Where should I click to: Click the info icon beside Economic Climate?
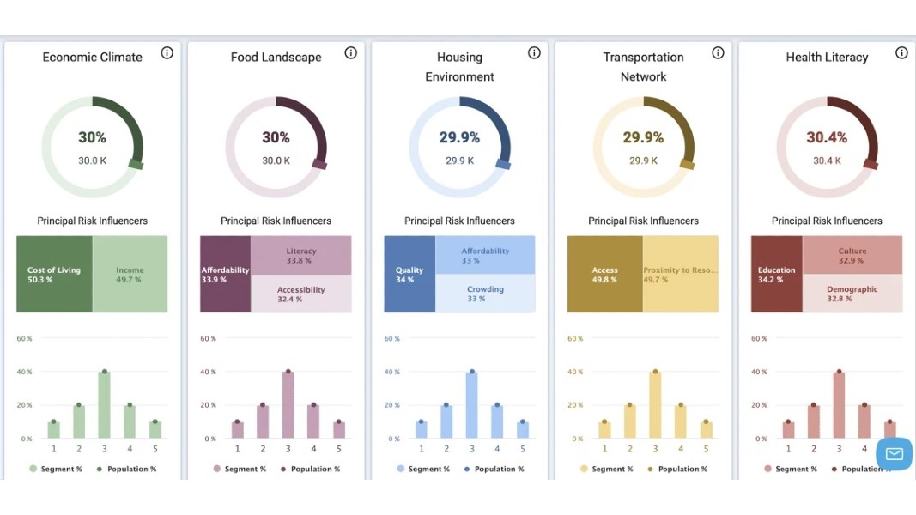click(167, 53)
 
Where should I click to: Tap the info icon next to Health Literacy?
click(901, 53)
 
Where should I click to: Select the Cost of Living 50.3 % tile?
click(54, 275)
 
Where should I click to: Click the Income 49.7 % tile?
click(130, 275)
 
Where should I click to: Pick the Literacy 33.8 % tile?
click(300, 255)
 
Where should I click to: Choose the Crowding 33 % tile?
click(485, 294)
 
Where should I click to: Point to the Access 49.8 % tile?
click(604, 275)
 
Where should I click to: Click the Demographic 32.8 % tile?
click(852, 294)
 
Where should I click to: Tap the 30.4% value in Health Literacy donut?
click(827, 137)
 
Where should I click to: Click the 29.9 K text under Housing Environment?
click(459, 161)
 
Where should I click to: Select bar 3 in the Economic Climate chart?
click(105, 405)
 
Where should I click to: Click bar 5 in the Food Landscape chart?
click(339, 429)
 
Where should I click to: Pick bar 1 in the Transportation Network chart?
click(604, 429)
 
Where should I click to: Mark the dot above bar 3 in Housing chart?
click(472, 372)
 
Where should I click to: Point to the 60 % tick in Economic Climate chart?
click(24, 338)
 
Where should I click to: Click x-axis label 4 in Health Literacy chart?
click(864, 448)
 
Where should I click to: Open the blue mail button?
click(894, 454)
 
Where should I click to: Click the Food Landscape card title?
click(276, 58)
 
